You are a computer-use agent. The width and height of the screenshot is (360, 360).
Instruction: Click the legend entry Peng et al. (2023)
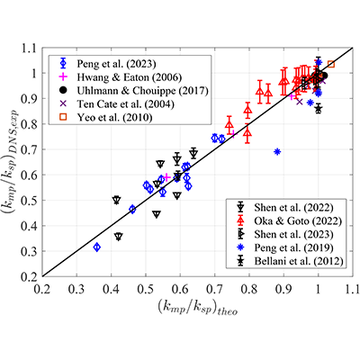116,64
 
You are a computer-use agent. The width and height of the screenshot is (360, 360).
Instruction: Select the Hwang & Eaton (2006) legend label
130,77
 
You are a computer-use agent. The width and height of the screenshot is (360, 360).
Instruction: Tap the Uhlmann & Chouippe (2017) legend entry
142,91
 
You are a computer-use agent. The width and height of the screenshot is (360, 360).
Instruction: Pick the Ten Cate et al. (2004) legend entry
125,104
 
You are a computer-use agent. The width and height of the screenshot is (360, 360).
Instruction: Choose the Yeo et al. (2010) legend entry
114,117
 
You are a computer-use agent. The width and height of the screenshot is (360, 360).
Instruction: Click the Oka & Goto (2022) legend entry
298,220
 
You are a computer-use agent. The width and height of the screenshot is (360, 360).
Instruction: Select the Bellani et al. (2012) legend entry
299,261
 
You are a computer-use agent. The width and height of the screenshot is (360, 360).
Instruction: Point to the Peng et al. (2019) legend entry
293,247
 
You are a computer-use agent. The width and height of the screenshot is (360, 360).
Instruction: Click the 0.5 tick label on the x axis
146,290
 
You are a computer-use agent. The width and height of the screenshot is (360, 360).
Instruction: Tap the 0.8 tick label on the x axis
249,290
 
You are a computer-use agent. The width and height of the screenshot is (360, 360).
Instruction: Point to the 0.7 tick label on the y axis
30,149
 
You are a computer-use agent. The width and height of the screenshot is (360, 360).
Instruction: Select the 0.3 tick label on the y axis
30,251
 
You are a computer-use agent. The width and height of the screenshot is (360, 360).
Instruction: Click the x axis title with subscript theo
198,308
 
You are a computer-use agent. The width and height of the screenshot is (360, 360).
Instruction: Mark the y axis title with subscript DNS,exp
10,162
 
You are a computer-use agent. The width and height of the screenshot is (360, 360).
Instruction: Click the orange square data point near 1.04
331,64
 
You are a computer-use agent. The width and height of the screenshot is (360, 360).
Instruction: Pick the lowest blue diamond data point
97,247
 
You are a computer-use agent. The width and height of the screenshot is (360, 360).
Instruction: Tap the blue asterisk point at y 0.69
277,152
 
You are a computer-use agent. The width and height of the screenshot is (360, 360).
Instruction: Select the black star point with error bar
319,109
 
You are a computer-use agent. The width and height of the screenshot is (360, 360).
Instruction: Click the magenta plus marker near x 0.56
167,177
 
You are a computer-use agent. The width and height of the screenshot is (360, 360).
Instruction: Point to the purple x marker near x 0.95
299,102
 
